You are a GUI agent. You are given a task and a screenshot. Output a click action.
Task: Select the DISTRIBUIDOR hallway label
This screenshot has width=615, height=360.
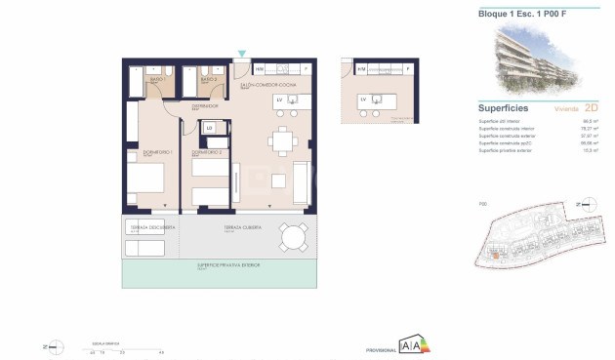(204, 106)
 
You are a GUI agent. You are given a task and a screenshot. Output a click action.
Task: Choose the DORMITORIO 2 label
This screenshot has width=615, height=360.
(205, 152)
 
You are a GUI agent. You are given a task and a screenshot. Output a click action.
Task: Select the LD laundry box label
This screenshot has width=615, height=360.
(209, 127)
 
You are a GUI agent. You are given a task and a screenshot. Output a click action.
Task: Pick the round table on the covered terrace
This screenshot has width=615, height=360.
(291, 236)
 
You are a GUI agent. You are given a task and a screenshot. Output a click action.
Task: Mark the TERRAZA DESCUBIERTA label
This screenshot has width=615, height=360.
(151, 226)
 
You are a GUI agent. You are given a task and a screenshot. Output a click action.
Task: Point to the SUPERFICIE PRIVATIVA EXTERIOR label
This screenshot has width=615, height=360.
(220, 264)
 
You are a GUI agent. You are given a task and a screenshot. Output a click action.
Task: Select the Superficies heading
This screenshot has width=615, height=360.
(504, 107)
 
